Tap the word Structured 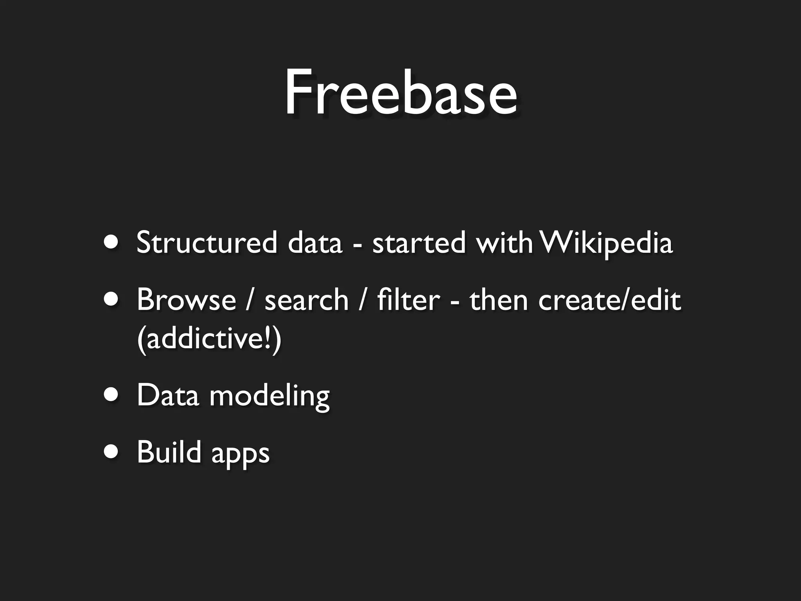pyautogui.click(x=207, y=243)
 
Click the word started pyautogui.click(x=419, y=243)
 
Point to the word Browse pyautogui.click(x=186, y=300)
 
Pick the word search pyautogui.click(x=306, y=300)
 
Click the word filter pyautogui.click(x=408, y=300)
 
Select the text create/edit pyautogui.click(x=609, y=300)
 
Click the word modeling pyautogui.click(x=269, y=396)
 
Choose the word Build pyautogui.click(x=169, y=452)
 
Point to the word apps pyautogui.click(x=240, y=454)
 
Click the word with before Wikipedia pyautogui.click(x=504, y=243)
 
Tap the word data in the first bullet pyautogui.click(x=315, y=243)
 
